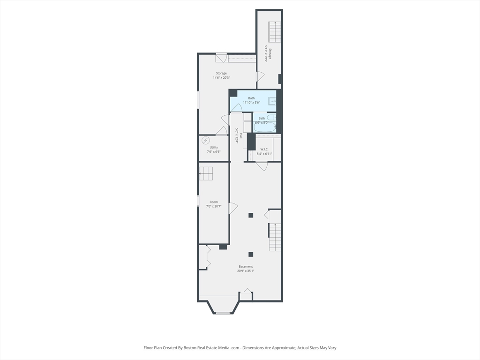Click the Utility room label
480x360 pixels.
click(x=214, y=147)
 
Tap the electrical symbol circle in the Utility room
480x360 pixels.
click(x=205, y=140)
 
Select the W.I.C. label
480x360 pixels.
click(x=264, y=149)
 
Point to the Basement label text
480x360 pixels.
click(x=245, y=266)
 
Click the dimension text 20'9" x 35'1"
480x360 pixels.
click(x=245, y=270)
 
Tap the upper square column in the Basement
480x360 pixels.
click(x=251, y=215)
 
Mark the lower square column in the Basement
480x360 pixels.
click(x=251, y=254)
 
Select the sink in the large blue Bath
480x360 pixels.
click(x=272, y=101)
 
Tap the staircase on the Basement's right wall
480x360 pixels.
click(x=275, y=237)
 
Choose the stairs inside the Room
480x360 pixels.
click(x=206, y=173)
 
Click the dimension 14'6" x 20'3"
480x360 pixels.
click(x=221, y=78)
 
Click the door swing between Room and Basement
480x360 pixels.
click(x=232, y=208)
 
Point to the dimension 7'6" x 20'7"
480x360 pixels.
click(x=213, y=206)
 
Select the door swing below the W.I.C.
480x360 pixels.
click(x=262, y=166)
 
